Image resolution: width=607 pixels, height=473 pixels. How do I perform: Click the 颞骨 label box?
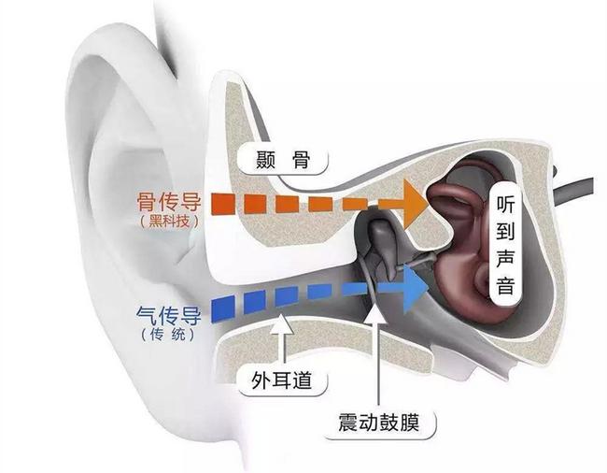pyautogui.click(x=283, y=158)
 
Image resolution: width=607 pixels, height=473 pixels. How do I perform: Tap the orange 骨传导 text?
pyautogui.click(x=169, y=201)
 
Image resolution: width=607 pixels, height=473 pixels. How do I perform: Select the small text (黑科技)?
pyautogui.click(x=170, y=221)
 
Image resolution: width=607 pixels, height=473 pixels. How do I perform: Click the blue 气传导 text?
pyautogui.click(x=169, y=316)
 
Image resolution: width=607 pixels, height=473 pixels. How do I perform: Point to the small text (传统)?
pyautogui.click(x=168, y=334)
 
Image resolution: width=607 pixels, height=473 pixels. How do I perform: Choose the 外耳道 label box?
pyautogui.click(x=282, y=380)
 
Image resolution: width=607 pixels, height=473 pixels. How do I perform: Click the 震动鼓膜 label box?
pyautogui.click(x=380, y=423)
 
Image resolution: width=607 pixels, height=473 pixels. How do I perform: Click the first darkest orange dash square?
pyautogui.click(x=223, y=204)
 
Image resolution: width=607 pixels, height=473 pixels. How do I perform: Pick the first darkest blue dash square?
pyautogui.click(x=223, y=309)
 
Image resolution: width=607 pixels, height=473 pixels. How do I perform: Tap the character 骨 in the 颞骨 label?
pyautogui.click(x=302, y=159)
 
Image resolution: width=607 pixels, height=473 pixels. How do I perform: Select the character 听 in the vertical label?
pyautogui.click(x=505, y=204)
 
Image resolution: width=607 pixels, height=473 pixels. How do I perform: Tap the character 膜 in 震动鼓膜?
pyautogui.click(x=409, y=423)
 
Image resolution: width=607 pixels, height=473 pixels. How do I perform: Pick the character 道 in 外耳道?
pyautogui.click(x=303, y=380)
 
